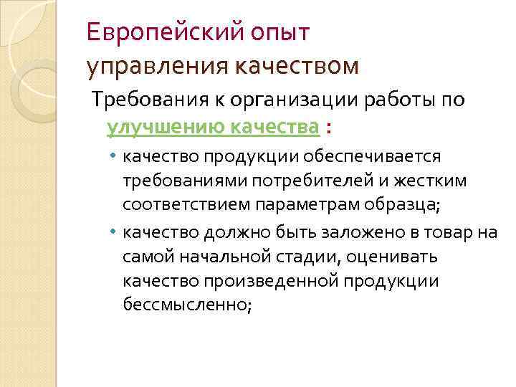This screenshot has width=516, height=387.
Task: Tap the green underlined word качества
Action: (x=274, y=128)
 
